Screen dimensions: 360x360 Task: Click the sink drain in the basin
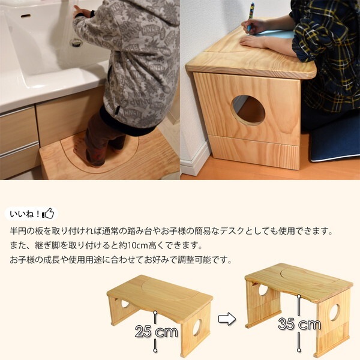76,42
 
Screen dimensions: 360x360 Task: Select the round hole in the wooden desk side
248,110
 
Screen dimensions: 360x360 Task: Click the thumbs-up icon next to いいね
49,214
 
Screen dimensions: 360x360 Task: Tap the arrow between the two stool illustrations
226,319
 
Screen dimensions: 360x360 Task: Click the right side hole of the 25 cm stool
197,328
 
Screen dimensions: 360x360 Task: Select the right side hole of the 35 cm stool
335,312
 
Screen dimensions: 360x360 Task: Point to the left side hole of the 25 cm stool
125,304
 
